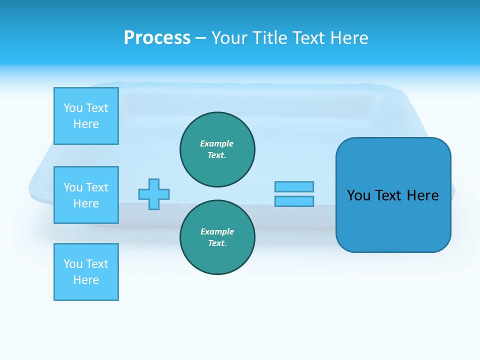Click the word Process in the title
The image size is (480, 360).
coord(157,38)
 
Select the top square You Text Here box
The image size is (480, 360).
coord(86,116)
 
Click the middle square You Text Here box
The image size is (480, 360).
coord(86,195)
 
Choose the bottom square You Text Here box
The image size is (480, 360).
coord(86,272)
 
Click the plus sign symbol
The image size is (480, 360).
coord(154,194)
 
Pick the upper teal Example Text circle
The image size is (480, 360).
coord(217,149)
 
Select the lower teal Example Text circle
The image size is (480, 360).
coord(217,237)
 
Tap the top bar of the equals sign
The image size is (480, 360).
coord(294,186)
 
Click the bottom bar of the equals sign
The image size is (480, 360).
coord(294,201)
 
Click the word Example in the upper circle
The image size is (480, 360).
coord(217,143)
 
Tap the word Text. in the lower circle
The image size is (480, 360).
coord(217,243)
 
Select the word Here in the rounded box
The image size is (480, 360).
coord(422,195)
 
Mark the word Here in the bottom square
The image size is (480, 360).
coord(86,280)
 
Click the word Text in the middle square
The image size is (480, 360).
coord(96,187)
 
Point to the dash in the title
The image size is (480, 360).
coord(200,38)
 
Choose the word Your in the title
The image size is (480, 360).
coord(230,38)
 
